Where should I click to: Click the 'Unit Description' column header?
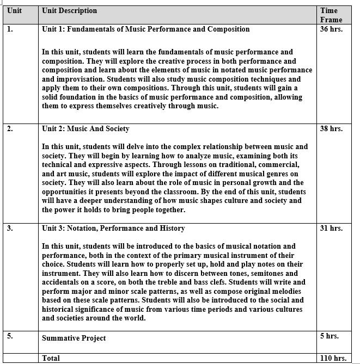click(69, 10)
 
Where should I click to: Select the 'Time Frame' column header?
click(331, 15)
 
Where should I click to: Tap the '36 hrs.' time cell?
click(332, 29)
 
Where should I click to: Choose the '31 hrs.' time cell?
click(332, 229)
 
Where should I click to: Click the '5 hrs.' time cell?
click(330, 336)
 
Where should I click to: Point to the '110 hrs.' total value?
click(332, 358)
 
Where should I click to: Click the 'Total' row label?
click(51, 358)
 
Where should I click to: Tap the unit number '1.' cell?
click(10, 29)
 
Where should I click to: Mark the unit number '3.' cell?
click(10, 229)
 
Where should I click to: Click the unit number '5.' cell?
click(10, 336)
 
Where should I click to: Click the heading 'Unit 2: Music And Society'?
click(86, 129)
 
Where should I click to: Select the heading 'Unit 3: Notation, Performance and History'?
click(113, 228)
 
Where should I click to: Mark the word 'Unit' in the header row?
click(15, 10)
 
